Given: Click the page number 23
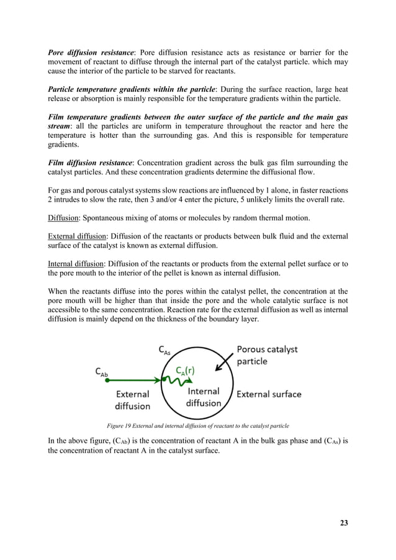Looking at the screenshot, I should (x=344, y=523).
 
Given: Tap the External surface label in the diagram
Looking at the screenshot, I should (x=269, y=394).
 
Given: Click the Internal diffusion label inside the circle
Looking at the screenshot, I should (x=203, y=397).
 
